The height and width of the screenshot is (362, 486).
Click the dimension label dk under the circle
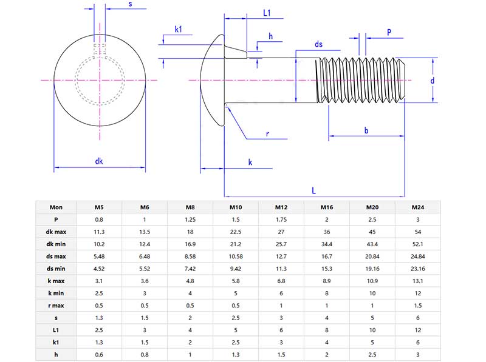click(x=99, y=161)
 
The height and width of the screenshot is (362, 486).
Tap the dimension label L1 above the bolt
click(x=267, y=13)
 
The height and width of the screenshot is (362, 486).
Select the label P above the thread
click(x=388, y=32)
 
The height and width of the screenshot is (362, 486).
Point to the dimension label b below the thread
click(x=366, y=130)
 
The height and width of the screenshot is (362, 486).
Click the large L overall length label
click(x=313, y=190)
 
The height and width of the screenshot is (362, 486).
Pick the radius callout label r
click(x=267, y=134)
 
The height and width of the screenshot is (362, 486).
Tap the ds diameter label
click(x=318, y=44)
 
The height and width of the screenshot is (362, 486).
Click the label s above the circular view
click(x=130, y=4)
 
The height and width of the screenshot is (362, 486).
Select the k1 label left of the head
click(x=179, y=29)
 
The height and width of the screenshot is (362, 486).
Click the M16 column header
click(x=327, y=207)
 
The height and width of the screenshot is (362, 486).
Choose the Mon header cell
click(x=56, y=207)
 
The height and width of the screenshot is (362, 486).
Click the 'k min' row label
click(x=56, y=292)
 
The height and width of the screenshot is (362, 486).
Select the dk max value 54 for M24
click(x=418, y=232)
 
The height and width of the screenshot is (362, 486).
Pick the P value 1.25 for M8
click(x=190, y=220)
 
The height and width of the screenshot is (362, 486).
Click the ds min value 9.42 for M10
click(x=236, y=268)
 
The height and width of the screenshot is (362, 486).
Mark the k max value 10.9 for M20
click(x=372, y=280)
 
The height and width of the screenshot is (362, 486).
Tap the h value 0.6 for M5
click(x=99, y=353)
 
